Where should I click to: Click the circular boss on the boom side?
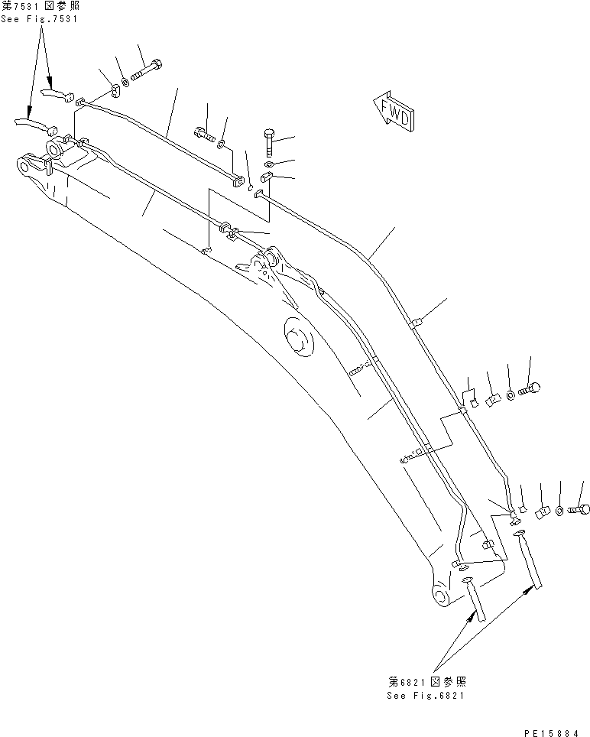[300, 337]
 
